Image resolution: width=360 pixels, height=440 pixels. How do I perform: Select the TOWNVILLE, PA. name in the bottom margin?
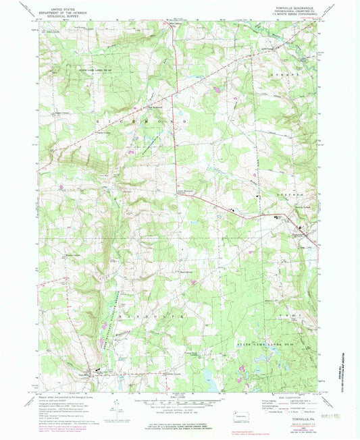point(301,401)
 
